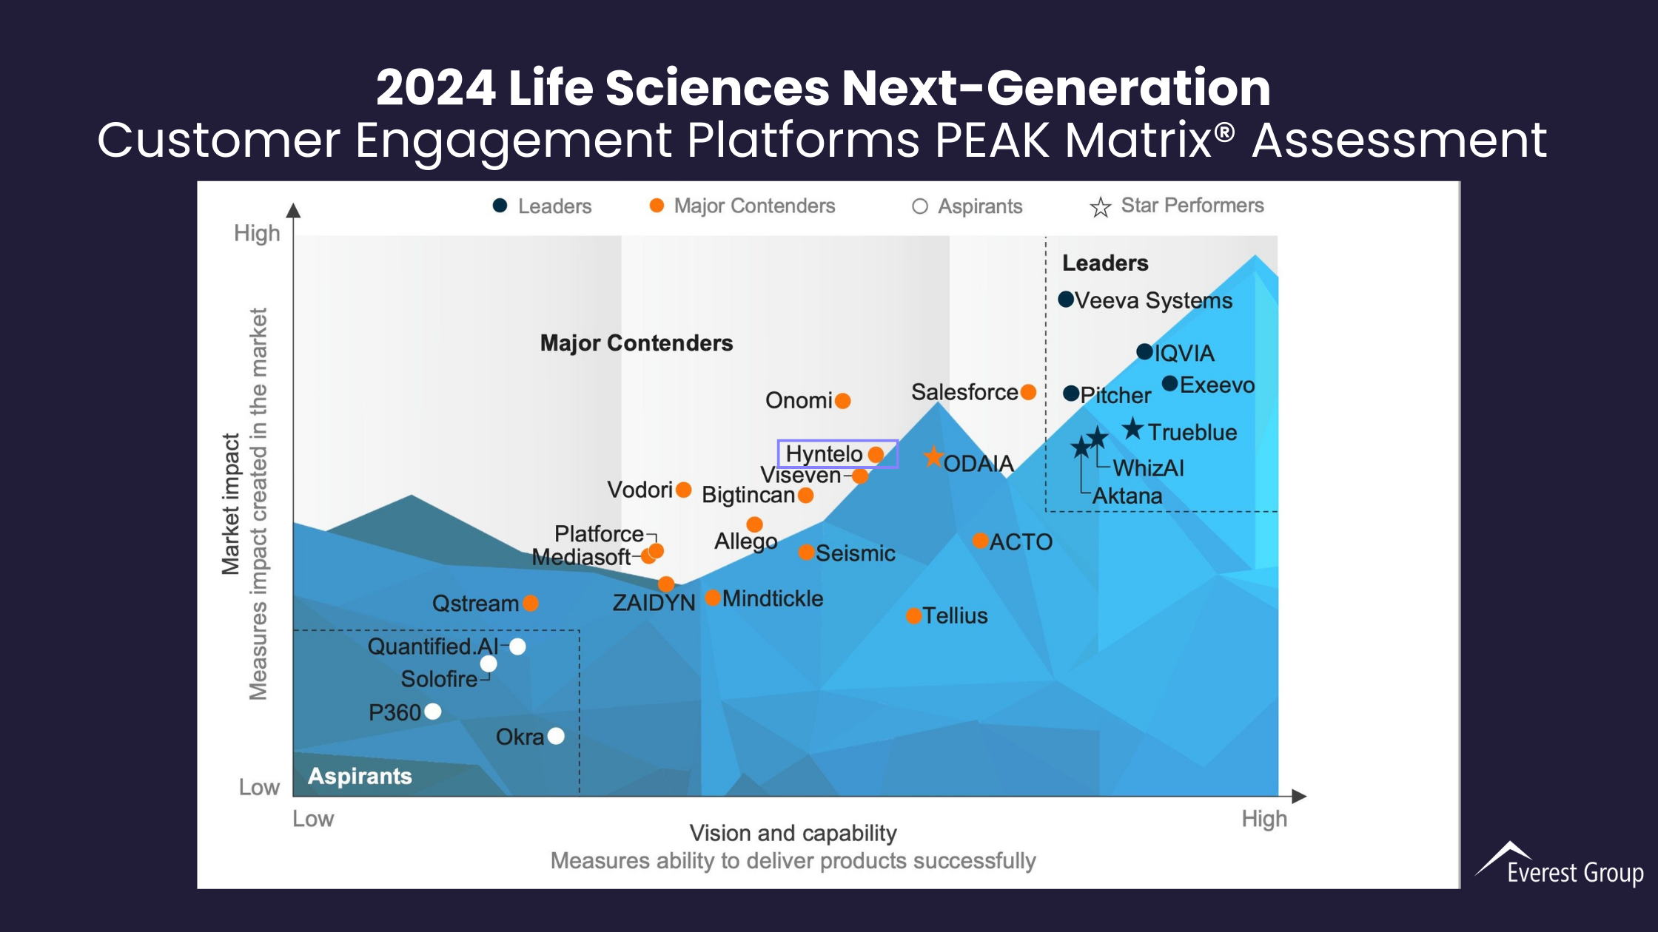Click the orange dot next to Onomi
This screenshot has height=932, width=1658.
[842, 401]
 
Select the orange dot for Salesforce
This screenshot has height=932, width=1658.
[1028, 392]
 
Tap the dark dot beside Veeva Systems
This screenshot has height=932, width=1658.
[1066, 300]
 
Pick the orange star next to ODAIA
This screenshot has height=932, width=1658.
[933, 457]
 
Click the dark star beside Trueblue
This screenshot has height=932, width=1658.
[1132, 429]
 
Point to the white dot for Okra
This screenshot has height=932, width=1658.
[556, 736]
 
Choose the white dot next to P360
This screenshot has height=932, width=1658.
[433, 712]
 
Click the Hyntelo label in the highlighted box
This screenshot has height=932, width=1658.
[824, 453]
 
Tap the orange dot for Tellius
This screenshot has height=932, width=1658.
[914, 615]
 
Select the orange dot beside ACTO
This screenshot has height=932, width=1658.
[980, 541]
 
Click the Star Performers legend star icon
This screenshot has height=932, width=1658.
[1100, 207]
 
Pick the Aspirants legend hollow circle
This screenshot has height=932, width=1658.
[919, 206]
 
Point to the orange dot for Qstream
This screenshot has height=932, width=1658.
[530, 603]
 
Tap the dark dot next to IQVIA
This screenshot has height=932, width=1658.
[1144, 352]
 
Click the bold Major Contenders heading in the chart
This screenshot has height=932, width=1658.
[637, 343]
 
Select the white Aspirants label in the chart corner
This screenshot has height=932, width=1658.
[360, 776]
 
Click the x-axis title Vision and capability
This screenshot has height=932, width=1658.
[793, 833]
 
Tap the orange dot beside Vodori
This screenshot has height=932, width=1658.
[683, 490]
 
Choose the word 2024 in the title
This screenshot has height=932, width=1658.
[435, 88]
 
